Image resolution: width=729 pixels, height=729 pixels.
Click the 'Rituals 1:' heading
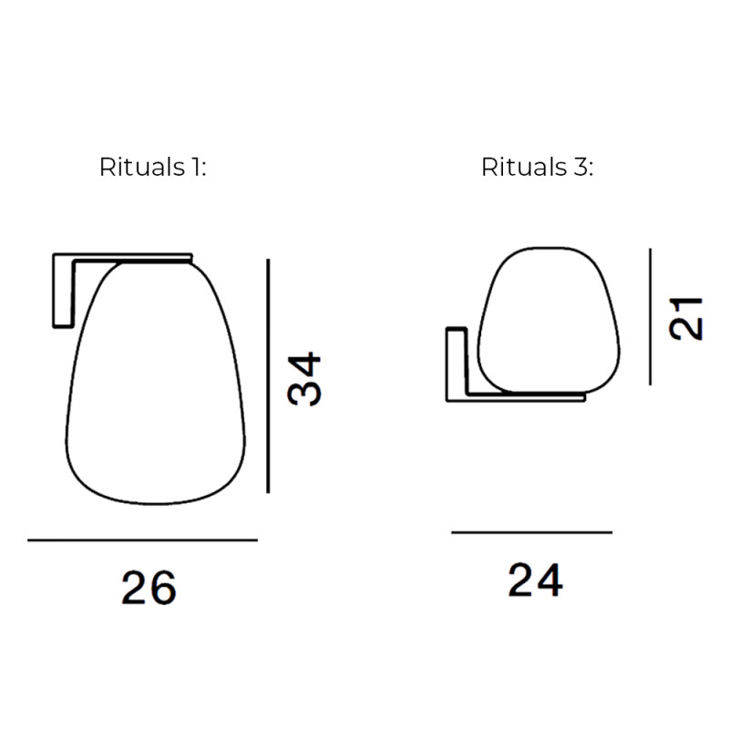pyautogui.click(x=152, y=169)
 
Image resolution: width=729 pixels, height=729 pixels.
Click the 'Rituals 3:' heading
pyautogui.click(x=537, y=169)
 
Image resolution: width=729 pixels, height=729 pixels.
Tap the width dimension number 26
pyautogui.click(x=149, y=589)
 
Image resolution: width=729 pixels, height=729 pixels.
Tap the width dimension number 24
pyautogui.click(x=535, y=580)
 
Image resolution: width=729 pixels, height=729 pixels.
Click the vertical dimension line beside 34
pyautogui.click(x=269, y=375)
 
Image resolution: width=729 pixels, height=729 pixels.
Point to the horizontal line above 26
pyautogui.click(x=142, y=540)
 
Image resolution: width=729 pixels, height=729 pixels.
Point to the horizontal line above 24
pyautogui.click(x=531, y=532)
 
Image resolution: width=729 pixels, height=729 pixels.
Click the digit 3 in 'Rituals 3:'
pyautogui.click(x=580, y=169)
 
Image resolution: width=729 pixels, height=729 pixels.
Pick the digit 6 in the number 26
pyautogui.click(x=162, y=589)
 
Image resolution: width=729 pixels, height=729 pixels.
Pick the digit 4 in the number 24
pyautogui.click(x=549, y=580)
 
